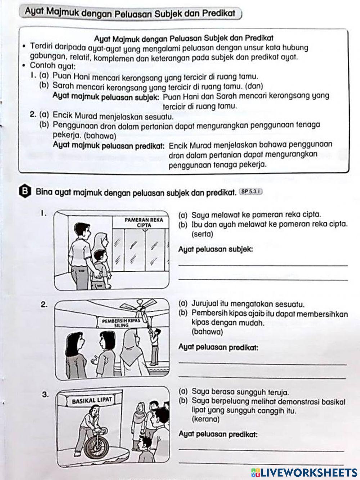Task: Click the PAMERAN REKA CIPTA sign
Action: (x=144, y=222)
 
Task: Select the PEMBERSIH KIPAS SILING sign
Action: (x=121, y=323)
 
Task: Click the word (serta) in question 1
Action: (x=202, y=234)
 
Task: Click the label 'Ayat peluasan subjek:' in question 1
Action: (x=216, y=249)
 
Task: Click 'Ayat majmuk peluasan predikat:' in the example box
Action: (x=109, y=145)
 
